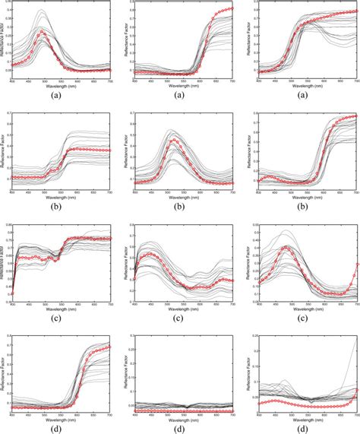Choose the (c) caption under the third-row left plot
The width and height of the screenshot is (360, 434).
(x=55, y=318)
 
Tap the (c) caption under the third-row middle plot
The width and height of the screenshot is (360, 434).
(x=180, y=318)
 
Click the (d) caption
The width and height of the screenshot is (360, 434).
(x=55, y=429)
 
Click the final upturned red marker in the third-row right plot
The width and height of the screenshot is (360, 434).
(x=357, y=265)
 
